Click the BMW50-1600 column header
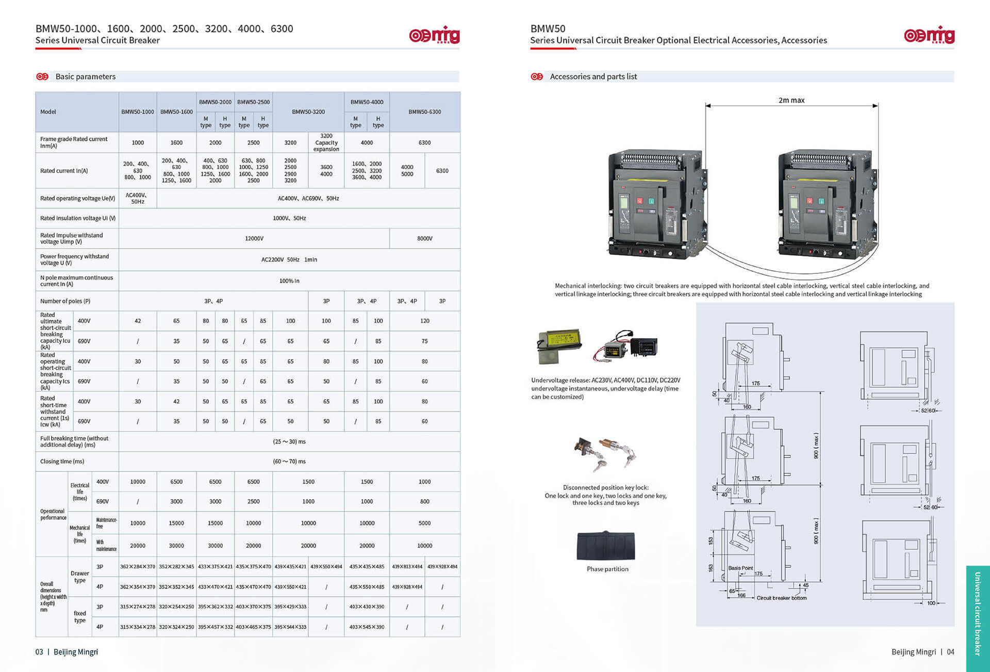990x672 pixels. pos(176,112)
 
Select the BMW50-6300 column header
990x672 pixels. pos(424,112)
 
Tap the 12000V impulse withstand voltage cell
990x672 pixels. pos(254,238)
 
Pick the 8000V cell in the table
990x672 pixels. pos(424,238)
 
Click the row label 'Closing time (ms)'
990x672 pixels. pos(62,462)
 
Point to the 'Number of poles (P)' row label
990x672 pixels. pos(65,301)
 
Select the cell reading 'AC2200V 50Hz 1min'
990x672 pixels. pos(289,260)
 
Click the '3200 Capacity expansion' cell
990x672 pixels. pos(326,143)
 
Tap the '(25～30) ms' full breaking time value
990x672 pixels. pos(289,441)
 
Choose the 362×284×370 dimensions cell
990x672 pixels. pos(137,567)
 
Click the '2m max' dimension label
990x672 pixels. pos(791,101)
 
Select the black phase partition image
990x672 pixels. pos(606,546)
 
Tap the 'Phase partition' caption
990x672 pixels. pos(607,569)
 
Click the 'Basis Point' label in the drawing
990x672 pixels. pos(740,568)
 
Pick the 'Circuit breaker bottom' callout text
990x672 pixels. pos(781,598)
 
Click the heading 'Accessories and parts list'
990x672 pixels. pos(593,77)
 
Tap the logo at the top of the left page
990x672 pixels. pos(434,35)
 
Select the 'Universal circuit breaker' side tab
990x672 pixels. pos(977,614)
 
